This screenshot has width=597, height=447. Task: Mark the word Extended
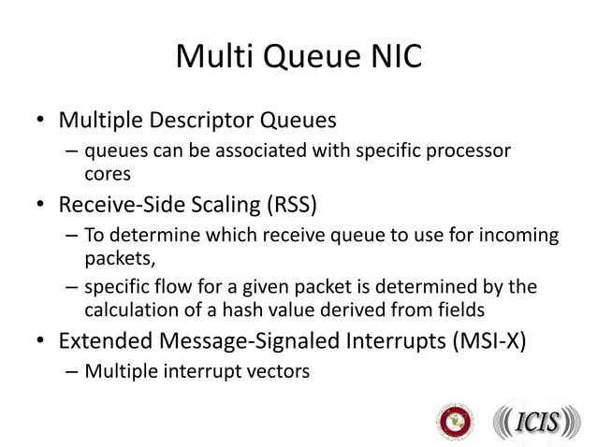pyautogui.click(x=104, y=339)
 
